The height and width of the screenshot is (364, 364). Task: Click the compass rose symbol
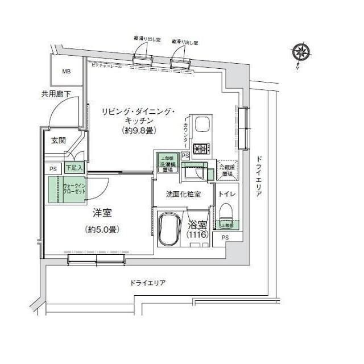coord(301,53)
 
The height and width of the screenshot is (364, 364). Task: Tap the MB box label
coord(67,71)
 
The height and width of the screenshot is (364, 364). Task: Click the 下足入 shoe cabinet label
coord(73,168)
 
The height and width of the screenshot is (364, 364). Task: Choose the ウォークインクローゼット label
coord(74,189)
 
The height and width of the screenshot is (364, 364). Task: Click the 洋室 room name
coord(102,213)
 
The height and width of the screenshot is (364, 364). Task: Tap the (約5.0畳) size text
coord(102,230)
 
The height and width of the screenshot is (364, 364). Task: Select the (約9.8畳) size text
coord(139,131)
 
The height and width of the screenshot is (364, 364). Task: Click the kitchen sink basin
coord(202,126)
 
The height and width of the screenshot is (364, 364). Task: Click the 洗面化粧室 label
coord(183,194)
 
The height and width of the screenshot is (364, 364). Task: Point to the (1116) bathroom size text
coord(198,234)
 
